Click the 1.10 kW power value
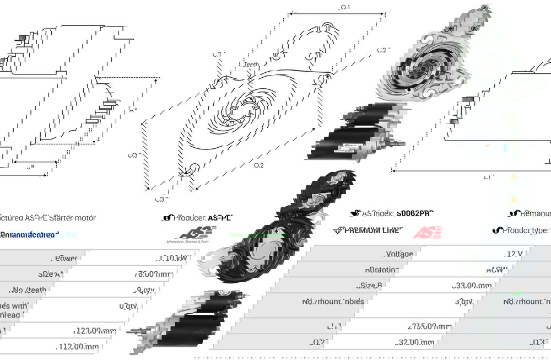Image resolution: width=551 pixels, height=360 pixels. [172, 258]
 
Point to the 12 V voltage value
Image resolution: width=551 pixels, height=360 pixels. [514, 254]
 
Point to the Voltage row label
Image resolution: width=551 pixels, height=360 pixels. [399, 254]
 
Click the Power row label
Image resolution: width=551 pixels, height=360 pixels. [66, 258]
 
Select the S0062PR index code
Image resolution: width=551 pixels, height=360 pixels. [414, 213]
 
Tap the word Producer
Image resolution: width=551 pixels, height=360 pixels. [190, 218]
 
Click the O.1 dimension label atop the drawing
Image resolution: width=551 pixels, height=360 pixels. [344, 7]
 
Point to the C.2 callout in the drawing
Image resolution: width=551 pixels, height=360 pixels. [383, 50]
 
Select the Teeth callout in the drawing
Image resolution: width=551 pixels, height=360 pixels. [251, 65]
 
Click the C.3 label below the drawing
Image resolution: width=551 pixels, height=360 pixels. [159, 199]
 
